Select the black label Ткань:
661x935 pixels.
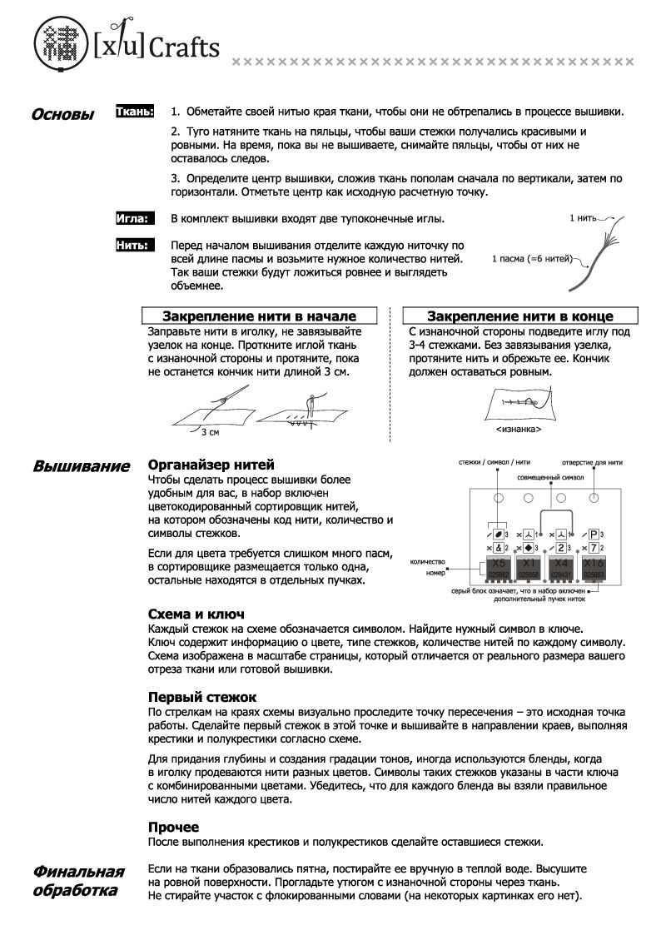(134, 110)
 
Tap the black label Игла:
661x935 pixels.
(133, 218)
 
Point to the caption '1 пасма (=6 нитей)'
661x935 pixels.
(531, 258)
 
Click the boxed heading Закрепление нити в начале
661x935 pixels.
(259, 316)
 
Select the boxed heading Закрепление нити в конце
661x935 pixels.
(519, 316)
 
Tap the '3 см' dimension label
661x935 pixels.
(210, 432)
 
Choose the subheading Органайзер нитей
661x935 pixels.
(211, 465)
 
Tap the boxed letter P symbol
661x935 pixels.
(594, 534)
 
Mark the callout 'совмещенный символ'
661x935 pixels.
(545, 480)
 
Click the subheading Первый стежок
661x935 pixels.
(202, 696)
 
